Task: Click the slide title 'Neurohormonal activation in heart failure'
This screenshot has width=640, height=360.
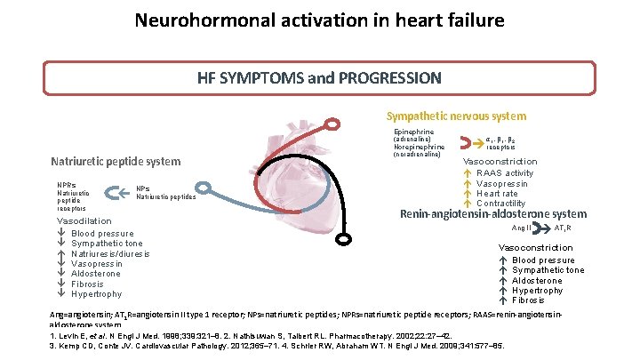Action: point(319,20)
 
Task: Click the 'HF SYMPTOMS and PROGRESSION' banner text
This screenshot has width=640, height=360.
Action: point(319,77)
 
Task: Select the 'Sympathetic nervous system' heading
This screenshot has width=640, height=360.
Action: point(455,116)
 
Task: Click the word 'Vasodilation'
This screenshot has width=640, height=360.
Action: point(84,220)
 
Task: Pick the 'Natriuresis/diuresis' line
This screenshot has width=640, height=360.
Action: point(110,253)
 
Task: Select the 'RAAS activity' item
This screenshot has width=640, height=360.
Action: point(506,173)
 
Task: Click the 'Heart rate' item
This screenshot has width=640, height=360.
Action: point(497,193)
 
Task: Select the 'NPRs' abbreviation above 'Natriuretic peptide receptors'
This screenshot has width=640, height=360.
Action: point(67,186)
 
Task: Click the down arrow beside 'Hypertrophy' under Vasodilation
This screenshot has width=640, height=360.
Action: point(60,294)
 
